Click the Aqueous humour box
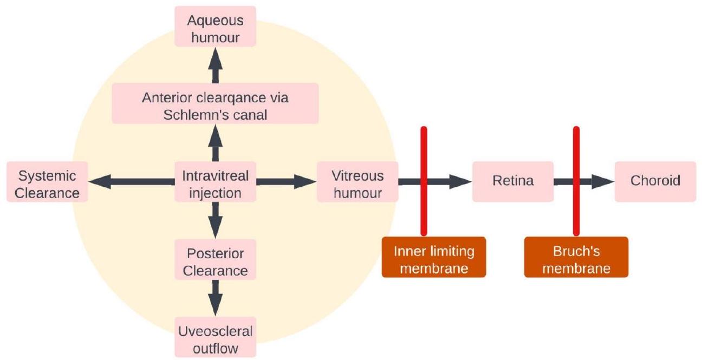[x=215, y=29]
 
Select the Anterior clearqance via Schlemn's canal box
[x=215, y=107]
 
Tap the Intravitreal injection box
[x=215, y=184]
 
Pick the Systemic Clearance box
[x=47, y=184]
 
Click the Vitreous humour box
[x=357, y=184]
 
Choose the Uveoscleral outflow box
[x=215, y=339]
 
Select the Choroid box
[x=655, y=181]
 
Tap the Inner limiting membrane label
[x=434, y=260]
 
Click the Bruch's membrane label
[x=576, y=260]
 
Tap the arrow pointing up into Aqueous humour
[x=215, y=64]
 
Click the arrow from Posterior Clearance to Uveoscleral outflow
[x=215, y=299]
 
